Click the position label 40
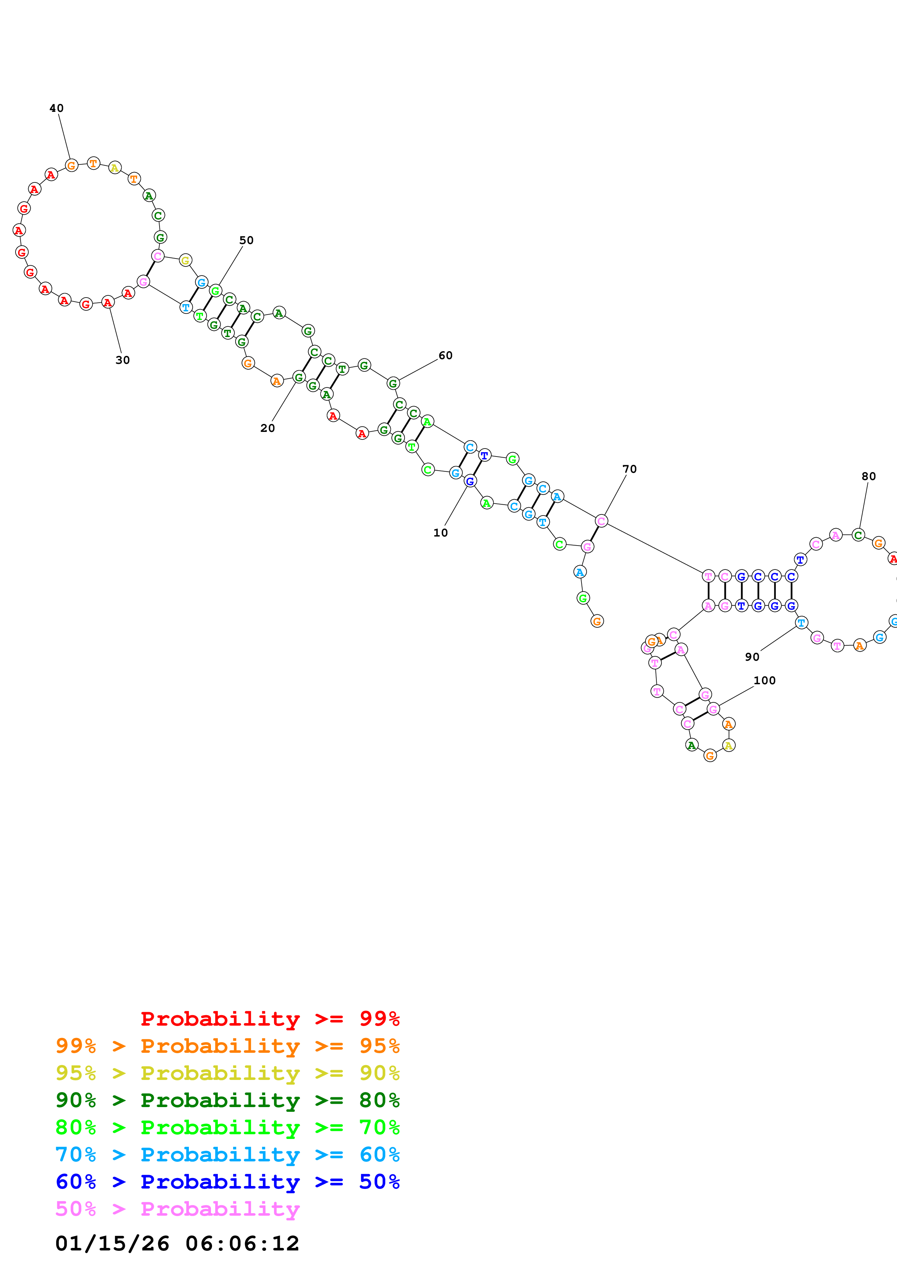56,108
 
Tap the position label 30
123,360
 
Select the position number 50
246,240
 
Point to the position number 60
445,355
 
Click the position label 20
267,428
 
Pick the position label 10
440,533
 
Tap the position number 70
630,469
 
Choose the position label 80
869,476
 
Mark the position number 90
752,657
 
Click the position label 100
765,680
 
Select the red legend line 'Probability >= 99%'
270,1018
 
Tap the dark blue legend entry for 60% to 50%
228,1182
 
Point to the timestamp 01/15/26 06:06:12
177,1244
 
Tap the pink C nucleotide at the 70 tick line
601,521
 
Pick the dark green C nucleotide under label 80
858,535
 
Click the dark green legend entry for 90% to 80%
228,1100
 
